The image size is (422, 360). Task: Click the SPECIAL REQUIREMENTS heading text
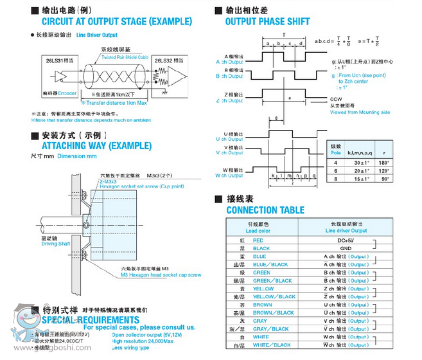pos(89,319)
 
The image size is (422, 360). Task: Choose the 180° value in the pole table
pos(383,163)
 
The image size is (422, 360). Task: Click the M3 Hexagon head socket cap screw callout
pos(161,274)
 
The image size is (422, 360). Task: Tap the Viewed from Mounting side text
pos(360,112)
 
